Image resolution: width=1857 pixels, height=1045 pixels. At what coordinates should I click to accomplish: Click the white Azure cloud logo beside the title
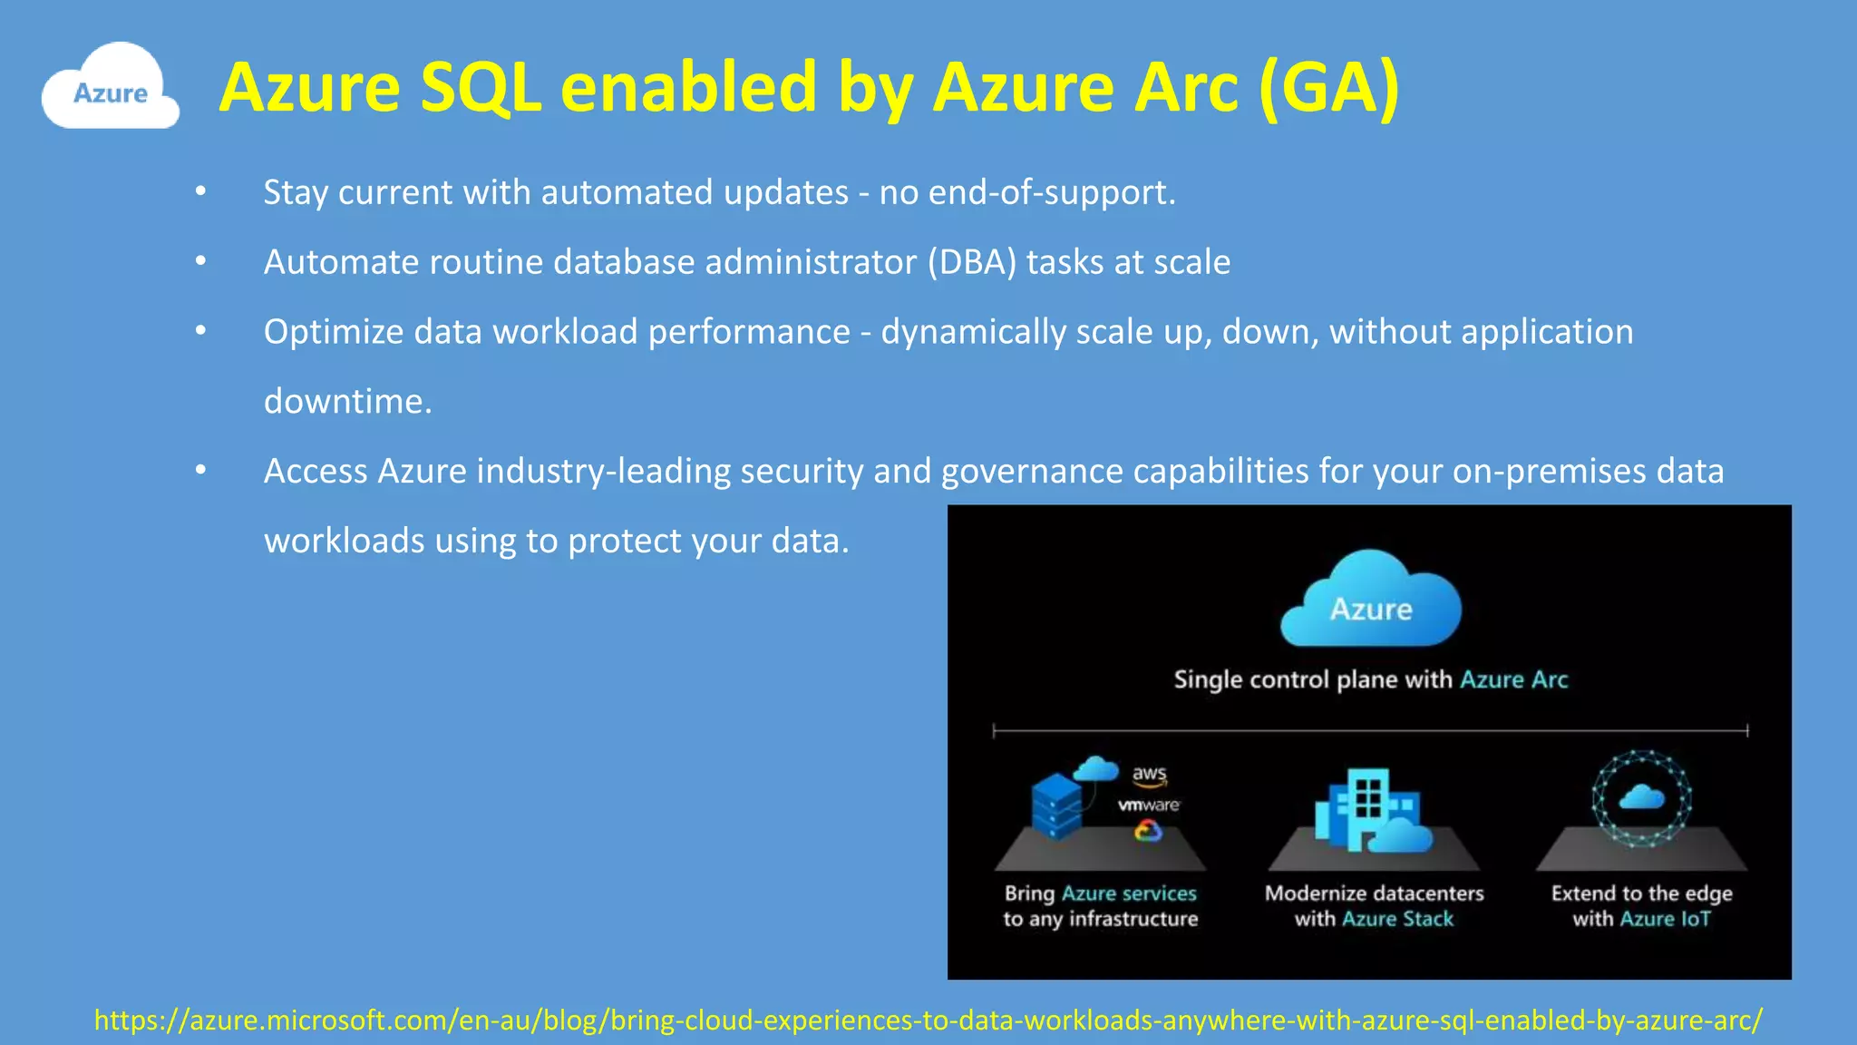[110, 88]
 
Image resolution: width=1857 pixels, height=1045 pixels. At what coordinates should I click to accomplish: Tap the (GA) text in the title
[1328, 88]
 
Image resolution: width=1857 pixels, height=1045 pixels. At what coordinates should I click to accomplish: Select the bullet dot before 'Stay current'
[200, 192]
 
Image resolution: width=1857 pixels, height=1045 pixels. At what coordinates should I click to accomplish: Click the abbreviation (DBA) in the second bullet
[971, 262]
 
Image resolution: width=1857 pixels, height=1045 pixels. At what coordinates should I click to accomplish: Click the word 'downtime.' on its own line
[347, 401]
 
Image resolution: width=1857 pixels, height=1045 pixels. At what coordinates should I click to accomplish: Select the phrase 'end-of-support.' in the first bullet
[1052, 192]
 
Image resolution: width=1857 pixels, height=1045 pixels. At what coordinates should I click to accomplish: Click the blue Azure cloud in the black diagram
[1370, 601]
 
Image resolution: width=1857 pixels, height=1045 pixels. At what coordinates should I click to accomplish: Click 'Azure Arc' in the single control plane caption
[1513, 679]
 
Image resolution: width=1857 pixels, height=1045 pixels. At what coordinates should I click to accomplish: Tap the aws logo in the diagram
[1149, 775]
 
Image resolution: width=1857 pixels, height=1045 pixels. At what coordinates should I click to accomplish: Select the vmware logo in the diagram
[1148, 805]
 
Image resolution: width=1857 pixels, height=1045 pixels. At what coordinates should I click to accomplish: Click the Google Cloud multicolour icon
[1148, 830]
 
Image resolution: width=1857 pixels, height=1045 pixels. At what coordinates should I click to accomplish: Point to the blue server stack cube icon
[1056, 806]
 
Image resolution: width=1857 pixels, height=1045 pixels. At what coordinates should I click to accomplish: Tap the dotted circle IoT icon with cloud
[1641, 798]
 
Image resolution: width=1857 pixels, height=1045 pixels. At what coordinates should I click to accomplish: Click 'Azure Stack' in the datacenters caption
[1397, 919]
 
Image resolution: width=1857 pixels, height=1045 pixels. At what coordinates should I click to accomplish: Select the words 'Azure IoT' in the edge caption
[1665, 919]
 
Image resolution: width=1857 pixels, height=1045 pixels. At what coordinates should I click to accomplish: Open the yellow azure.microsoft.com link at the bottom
[928, 1021]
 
